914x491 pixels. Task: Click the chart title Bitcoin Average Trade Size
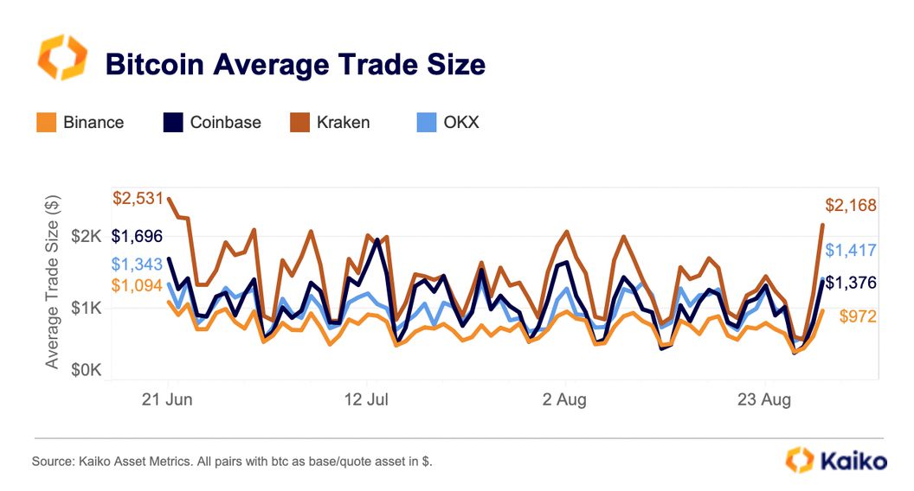[294, 64]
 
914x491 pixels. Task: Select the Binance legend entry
[80, 123]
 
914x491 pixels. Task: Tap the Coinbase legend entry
[212, 123]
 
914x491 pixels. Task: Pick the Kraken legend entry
[330, 123]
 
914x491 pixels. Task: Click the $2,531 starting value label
[138, 199]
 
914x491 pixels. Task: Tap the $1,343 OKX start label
[137, 265]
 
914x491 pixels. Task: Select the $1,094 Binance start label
[137, 286]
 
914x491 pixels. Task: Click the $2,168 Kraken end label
[851, 206]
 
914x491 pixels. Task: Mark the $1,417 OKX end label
[851, 251]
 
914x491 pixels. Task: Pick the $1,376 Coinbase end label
[851, 283]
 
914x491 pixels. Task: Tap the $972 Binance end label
[858, 317]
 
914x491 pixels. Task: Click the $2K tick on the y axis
[88, 236]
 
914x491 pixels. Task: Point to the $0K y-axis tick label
[88, 370]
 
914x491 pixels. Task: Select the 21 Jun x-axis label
[167, 400]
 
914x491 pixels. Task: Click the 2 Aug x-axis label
[564, 400]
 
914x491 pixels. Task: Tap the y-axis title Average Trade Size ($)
[54, 284]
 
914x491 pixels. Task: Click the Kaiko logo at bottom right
[835, 460]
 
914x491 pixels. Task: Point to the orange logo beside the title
[61, 58]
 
